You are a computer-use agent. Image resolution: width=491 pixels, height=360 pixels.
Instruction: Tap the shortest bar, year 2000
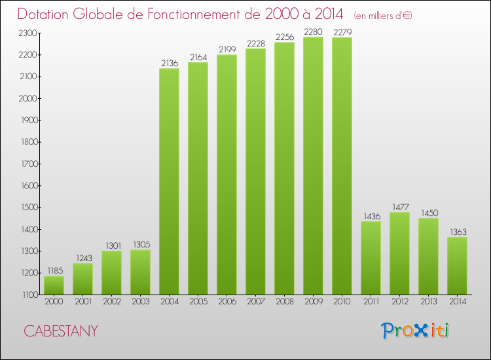tap(54, 285)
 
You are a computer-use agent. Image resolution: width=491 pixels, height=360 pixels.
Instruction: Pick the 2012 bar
tap(399, 253)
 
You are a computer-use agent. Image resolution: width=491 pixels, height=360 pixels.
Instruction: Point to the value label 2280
tap(313, 31)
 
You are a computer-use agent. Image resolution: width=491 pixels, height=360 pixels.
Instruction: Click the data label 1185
tap(54, 270)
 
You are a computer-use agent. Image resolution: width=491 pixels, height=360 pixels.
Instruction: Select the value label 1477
tap(399, 207)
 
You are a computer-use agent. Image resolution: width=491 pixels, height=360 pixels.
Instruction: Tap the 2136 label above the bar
tap(169, 63)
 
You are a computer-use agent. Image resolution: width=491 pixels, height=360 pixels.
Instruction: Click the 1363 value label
tap(457, 232)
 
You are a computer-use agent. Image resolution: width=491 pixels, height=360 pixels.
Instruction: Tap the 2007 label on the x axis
tap(255, 302)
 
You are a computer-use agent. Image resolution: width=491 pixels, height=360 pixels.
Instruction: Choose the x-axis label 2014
tap(457, 302)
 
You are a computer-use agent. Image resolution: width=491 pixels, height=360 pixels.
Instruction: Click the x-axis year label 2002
tap(111, 302)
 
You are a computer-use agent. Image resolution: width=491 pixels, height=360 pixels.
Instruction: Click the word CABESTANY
tap(61, 331)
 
